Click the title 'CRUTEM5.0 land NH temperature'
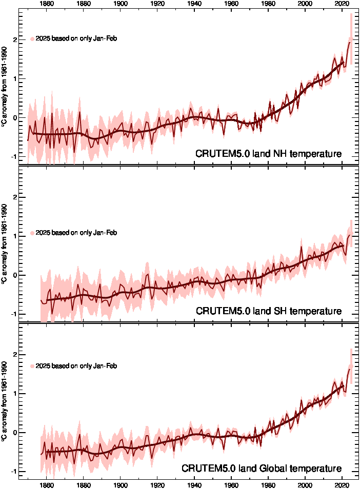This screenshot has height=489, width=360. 268,154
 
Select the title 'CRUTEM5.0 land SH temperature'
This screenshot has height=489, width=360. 268,311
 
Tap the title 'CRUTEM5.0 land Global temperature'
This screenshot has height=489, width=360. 262,468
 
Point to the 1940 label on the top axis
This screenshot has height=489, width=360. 194,4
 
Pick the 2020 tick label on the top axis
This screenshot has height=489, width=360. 342,4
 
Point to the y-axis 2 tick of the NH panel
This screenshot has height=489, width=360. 15,39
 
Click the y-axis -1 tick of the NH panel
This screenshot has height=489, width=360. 14,156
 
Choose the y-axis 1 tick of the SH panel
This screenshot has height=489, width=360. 15,236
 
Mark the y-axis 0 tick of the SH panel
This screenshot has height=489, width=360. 15,275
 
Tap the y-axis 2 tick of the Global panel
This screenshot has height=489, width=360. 15,355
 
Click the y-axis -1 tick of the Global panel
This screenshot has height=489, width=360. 14,471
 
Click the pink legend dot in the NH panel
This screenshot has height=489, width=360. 32,39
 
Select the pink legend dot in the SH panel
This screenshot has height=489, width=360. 32,233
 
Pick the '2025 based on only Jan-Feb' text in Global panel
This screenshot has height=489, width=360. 76,366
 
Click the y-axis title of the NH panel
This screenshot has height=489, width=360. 5,87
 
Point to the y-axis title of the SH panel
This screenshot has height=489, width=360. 5,244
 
